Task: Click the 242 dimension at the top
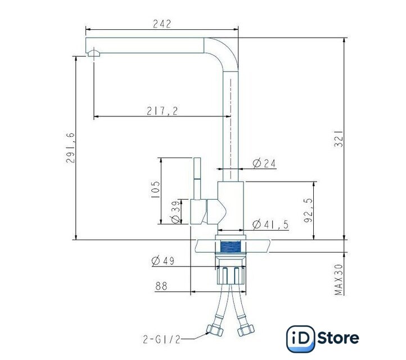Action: pyautogui.click(x=162, y=24)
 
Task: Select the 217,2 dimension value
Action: pyautogui.click(x=163, y=111)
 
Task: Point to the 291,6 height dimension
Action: pyautogui.click(x=70, y=148)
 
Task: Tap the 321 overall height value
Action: pyautogui.click(x=339, y=139)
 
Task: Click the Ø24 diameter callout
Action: pyautogui.click(x=264, y=164)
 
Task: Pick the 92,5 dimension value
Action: pyautogui.click(x=308, y=210)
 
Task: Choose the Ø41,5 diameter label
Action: pyautogui.click(x=270, y=224)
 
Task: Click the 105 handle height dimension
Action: pyautogui.click(x=155, y=190)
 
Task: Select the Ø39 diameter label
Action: pyautogui.click(x=175, y=212)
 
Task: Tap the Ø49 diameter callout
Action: pyautogui.click(x=163, y=260)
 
